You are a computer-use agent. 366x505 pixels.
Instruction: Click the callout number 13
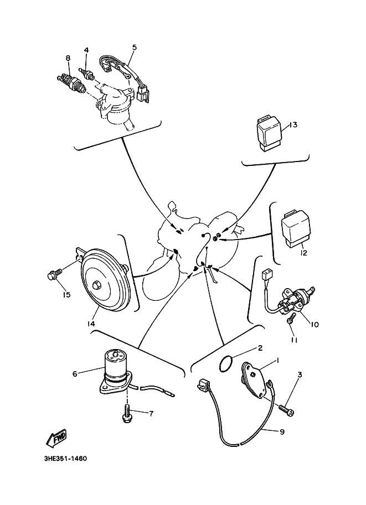tap(293, 125)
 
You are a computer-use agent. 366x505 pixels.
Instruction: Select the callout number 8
tap(68, 58)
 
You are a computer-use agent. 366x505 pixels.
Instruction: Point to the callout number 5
tap(133, 48)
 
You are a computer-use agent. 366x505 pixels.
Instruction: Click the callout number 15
tap(66, 295)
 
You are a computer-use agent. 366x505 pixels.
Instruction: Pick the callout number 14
tap(91, 324)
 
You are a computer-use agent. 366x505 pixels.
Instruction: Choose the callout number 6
tap(75, 373)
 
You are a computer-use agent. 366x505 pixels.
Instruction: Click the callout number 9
tap(282, 431)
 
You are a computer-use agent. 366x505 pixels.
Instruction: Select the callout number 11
tap(294, 340)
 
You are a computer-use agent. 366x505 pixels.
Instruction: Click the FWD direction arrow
tap(57, 440)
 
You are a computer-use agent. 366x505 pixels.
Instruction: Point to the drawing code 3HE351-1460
tap(63, 459)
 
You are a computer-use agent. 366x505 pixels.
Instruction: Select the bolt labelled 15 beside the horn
tap(54, 274)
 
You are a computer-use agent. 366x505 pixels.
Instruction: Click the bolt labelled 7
tap(127, 414)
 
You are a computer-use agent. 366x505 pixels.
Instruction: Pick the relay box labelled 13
tap(269, 133)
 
